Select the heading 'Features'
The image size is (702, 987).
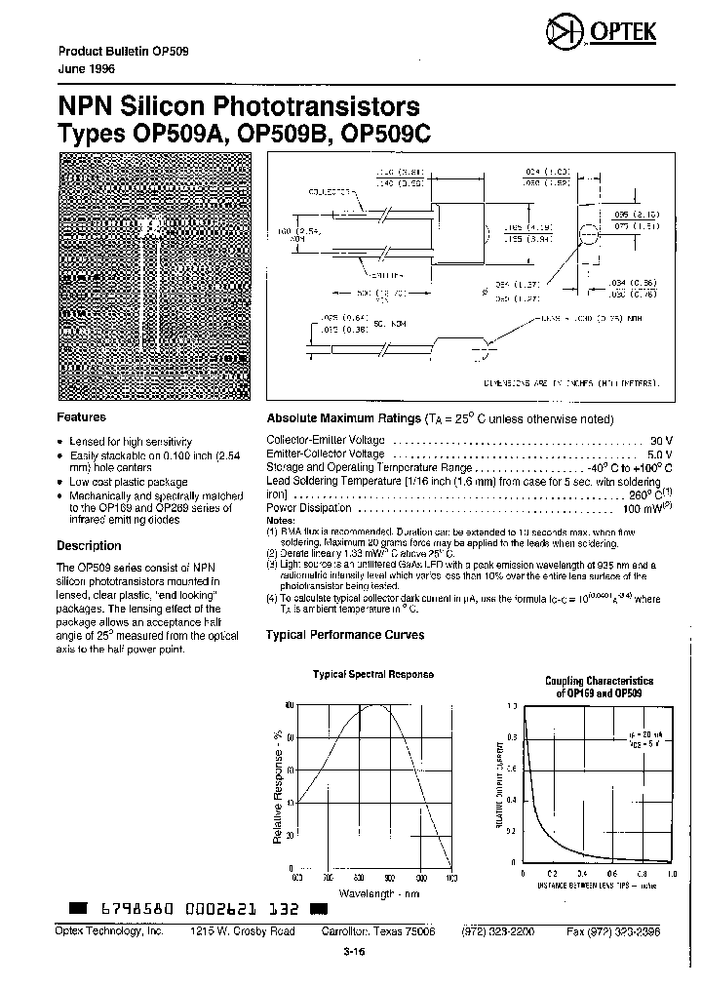click(x=81, y=417)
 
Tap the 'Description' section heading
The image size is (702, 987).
click(x=89, y=546)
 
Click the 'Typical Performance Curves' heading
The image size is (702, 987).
click(x=345, y=635)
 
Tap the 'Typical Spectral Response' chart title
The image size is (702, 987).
click(x=372, y=675)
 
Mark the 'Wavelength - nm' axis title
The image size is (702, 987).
click(x=374, y=892)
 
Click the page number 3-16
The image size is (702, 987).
click(x=352, y=954)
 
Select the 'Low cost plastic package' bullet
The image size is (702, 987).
click(x=129, y=482)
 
